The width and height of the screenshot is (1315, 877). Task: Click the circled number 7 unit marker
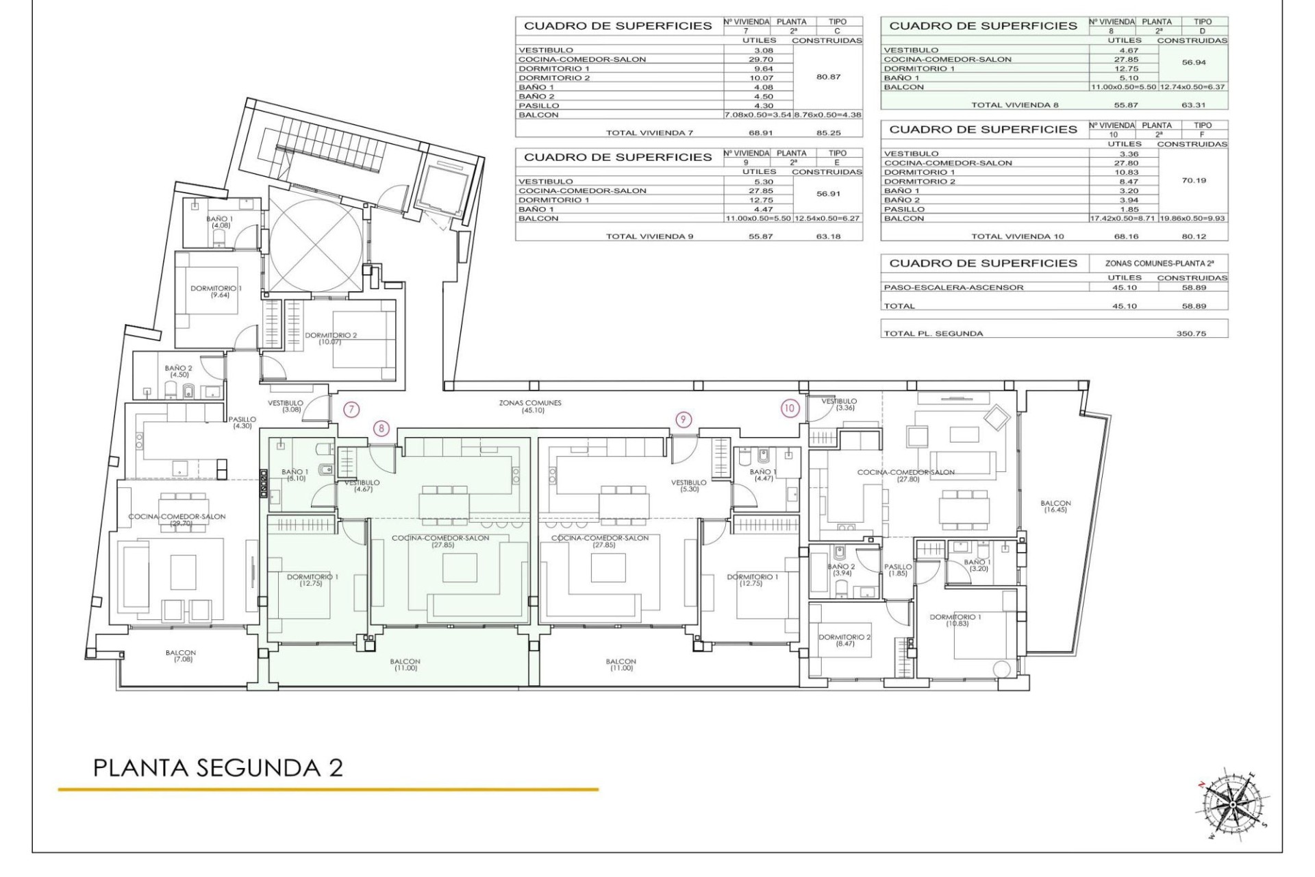(351, 410)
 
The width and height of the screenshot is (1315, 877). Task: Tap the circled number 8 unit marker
(381, 429)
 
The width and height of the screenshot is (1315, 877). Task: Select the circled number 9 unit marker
(683, 419)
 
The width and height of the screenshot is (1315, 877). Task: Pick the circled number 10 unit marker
(790, 408)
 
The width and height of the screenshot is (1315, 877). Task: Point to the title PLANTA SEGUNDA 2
(218, 767)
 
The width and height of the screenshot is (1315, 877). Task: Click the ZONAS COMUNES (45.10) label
(530, 406)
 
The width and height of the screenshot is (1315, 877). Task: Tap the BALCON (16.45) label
(1055, 506)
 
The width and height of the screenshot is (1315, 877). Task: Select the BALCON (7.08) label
(181, 656)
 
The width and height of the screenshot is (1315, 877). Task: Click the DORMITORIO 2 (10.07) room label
(331, 338)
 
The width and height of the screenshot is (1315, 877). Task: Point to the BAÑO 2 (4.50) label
(179, 371)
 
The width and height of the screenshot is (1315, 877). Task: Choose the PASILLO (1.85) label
(898, 570)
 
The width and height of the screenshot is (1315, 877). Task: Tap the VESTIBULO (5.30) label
(688, 486)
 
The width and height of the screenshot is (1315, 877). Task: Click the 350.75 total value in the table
(1192, 334)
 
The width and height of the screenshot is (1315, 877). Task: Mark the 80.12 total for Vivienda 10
(1193, 236)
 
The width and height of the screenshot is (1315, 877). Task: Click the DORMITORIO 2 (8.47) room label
(844, 641)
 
